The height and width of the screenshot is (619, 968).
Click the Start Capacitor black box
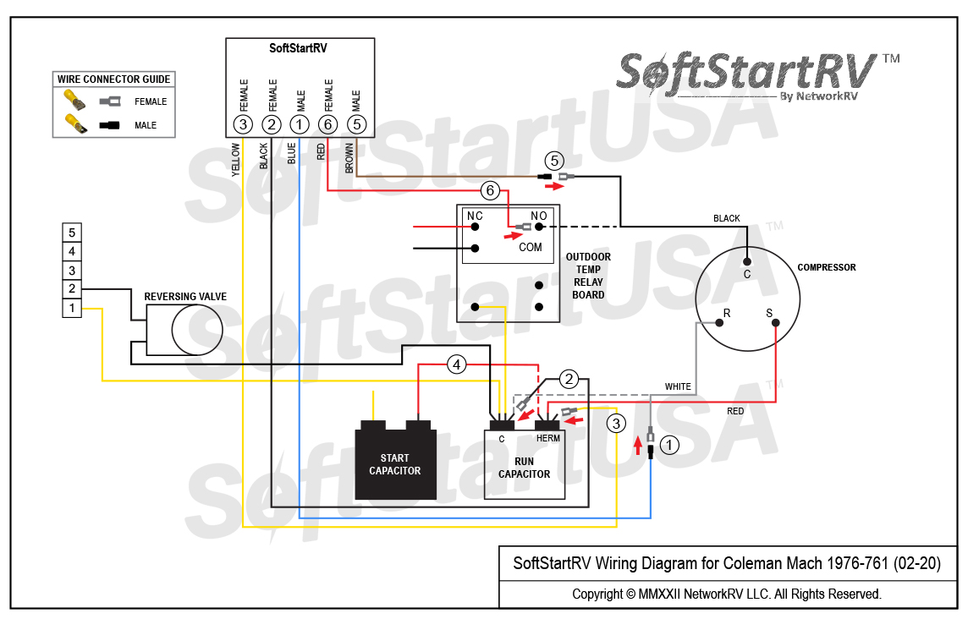(x=395, y=465)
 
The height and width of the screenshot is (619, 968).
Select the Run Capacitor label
(x=524, y=468)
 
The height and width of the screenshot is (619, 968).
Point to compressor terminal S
(x=769, y=314)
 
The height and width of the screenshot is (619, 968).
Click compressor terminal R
(x=725, y=314)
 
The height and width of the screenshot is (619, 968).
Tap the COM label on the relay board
(x=531, y=248)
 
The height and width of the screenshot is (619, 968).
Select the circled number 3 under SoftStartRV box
(x=244, y=124)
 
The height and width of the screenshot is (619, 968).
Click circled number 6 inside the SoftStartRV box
(x=328, y=124)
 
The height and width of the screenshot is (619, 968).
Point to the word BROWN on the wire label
(x=349, y=157)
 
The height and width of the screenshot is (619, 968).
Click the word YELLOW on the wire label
(x=236, y=159)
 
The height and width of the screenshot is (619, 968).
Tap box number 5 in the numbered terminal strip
(x=72, y=233)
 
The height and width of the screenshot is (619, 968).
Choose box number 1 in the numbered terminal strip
(x=72, y=309)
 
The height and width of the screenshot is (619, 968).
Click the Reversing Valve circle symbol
(x=196, y=330)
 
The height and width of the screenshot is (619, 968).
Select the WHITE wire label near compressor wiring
(x=678, y=386)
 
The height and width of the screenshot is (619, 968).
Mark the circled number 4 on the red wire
(x=457, y=365)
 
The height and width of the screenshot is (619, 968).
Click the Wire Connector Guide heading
(x=114, y=79)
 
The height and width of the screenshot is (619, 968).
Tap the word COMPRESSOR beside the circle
(x=826, y=267)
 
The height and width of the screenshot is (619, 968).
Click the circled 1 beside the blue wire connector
(x=669, y=444)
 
